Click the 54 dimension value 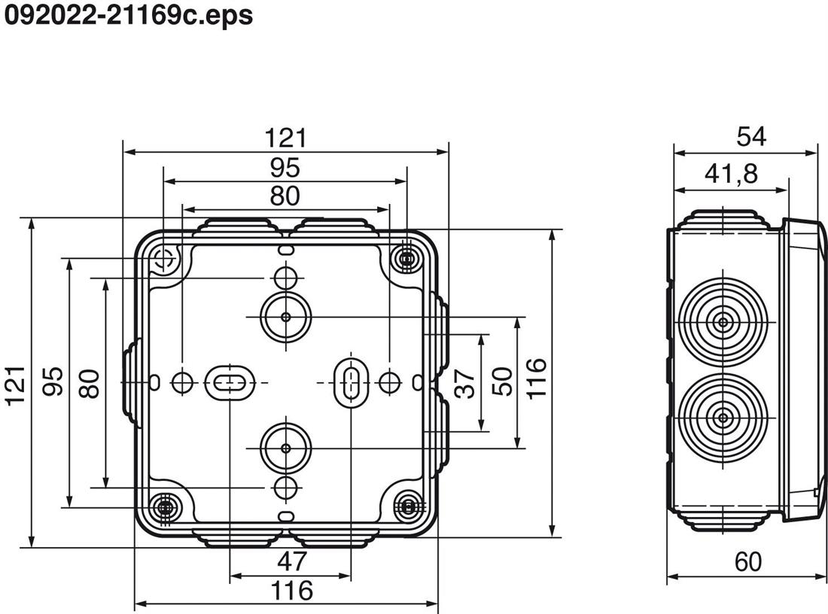(750, 136)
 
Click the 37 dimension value (467, 385)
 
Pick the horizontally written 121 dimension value (286, 138)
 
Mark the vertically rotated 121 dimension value (17, 385)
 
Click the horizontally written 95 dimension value (285, 167)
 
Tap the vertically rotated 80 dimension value (89, 383)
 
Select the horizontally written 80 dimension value (285, 196)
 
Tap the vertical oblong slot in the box (349, 383)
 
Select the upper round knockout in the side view (723, 323)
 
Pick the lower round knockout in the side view (723, 417)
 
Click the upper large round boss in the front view (285, 318)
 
